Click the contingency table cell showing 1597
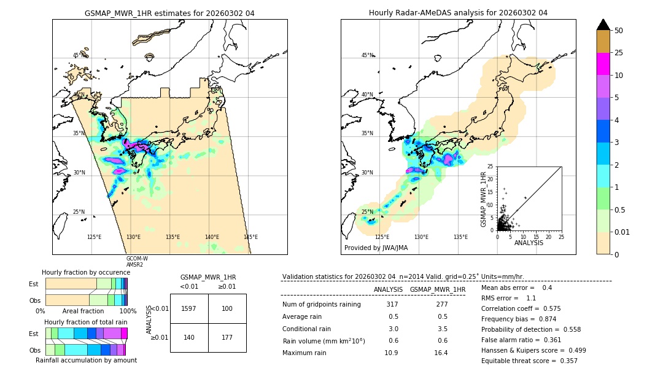[x=189, y=308]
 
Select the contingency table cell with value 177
[x=227, y=337]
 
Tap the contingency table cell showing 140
[x=189, y=337]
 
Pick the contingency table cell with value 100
[x=227, y=308]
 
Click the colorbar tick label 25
[x=619, y=53]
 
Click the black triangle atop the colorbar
[x=603, y=25]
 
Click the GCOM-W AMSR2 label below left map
[x=137, y=261]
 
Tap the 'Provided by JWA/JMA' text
[x=376, y=248]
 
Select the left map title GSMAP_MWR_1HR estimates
[x=169, y=13]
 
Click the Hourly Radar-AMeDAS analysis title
[x=458, y=13]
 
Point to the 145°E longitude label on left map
[x=250, y=237]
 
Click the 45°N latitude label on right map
[x=367, y=56]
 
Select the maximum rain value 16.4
[x=440, y=353]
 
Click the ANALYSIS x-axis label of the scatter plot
[x=529, y=243]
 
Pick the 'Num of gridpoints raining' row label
[x=321, y=304]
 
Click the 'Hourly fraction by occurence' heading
[x=86, y=272]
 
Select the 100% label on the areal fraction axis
[x=128, y=311]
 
